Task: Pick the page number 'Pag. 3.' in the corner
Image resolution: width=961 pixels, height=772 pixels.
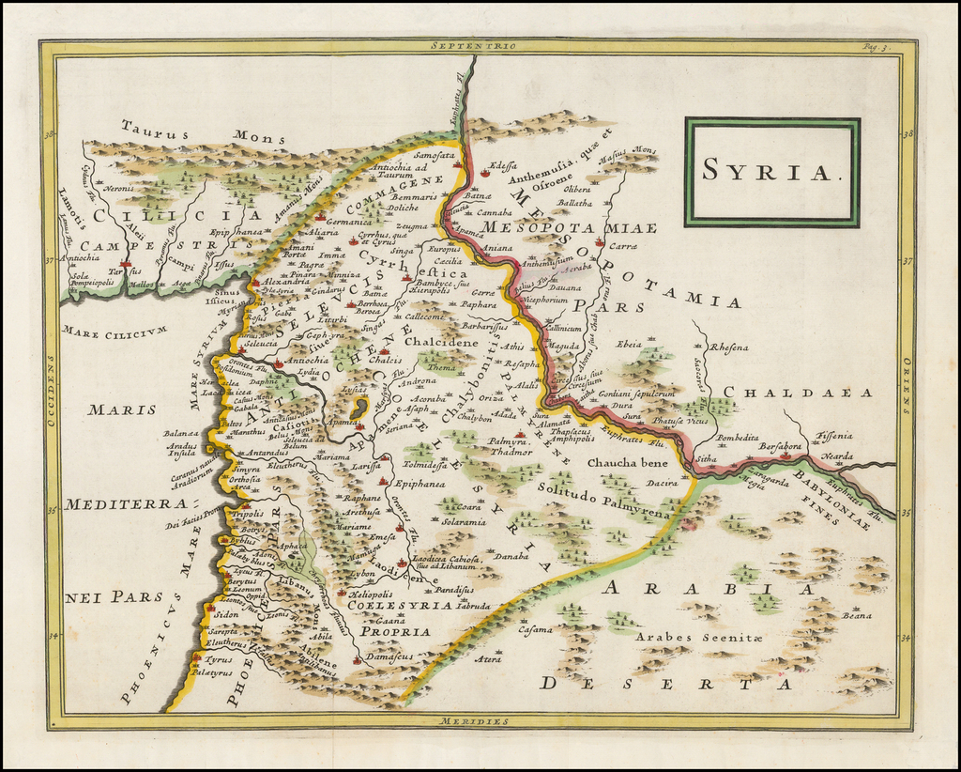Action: (877, 46)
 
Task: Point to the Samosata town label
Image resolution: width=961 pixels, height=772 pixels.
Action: (433, 155)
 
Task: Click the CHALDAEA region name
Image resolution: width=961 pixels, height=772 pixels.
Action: (798, 393)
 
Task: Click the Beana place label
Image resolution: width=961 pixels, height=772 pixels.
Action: (856, 615)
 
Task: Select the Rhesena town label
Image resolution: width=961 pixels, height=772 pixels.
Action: (729, 348)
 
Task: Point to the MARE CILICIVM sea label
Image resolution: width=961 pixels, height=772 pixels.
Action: (115, 331)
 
